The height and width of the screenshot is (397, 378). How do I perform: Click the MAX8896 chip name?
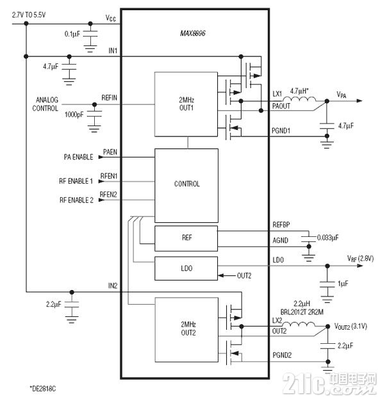(193, 33)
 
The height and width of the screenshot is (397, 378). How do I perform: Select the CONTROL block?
(186, 186)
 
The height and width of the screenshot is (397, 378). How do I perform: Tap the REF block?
(186, 238)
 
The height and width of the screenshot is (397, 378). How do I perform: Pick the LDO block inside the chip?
(186, 268)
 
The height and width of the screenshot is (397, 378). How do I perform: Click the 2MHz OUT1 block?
(186, 104)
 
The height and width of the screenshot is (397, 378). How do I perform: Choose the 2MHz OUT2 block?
(186, 330)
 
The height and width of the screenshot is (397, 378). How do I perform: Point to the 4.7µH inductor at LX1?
(299, 99)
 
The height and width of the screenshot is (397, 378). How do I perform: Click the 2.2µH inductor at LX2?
(299, 324)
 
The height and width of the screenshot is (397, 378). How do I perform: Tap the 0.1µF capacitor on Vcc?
(90, 34)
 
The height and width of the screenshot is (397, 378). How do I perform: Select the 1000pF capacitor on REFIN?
(94, 114)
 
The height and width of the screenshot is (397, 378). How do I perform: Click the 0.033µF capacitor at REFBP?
(309, 239)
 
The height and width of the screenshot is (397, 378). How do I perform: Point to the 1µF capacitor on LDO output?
(327, 284)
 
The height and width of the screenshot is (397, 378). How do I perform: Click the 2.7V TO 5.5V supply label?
(29, 15)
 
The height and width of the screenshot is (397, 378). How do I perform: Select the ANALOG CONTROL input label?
(45, 104)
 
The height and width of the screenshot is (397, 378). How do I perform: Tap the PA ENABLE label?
(79, 157)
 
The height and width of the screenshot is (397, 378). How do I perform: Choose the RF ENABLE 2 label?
(76, 200)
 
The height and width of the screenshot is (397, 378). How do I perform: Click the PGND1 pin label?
(281, 131)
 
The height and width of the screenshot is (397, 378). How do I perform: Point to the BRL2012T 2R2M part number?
(302, 312)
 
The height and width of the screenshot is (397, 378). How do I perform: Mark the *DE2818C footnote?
(43, 388)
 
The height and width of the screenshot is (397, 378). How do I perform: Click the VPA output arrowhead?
(359, 101)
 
